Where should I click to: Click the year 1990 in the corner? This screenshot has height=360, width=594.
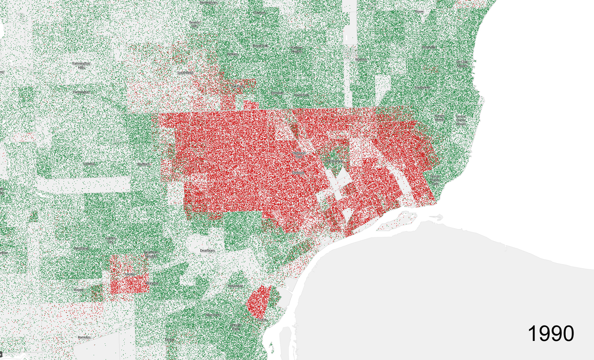[551, 334]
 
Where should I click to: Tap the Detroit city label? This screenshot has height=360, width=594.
[298, 173]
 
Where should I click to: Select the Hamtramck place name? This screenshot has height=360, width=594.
[333, 161]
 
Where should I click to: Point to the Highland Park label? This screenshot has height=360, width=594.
[298, 155]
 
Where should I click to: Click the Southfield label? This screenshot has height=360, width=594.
[185, 73]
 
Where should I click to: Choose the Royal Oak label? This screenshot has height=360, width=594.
[260, 46]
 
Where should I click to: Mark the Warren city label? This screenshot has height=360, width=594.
[360, 59]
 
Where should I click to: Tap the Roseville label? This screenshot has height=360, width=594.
[429, 47]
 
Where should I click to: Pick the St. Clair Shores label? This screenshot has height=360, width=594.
[462, 64]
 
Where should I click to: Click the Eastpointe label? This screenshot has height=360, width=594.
[422, 87]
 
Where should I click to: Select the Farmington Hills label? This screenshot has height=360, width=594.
[81, 66]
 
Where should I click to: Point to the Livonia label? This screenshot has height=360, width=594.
[89, 164]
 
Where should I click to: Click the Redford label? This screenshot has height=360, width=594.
[143, 164]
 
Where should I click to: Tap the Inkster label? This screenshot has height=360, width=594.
[130, 274]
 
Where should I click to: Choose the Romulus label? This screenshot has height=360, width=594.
[84, 337]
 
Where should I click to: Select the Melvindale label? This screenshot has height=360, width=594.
[235, 286]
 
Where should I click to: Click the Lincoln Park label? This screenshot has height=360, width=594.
[236, 327]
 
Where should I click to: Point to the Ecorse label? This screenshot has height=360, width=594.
[262, 320]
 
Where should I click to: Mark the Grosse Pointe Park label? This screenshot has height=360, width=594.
[435, 180]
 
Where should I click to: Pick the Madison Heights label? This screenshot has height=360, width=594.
[296, 49]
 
